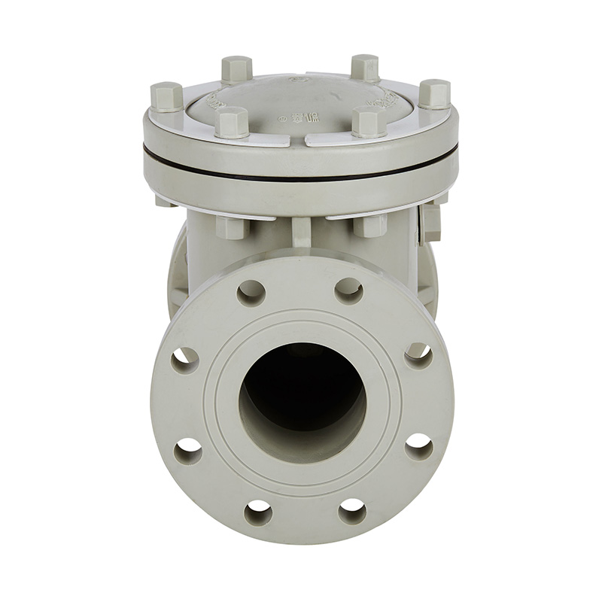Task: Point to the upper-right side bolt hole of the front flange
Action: tap(418, 355)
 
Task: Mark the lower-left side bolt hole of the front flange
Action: tap(187, 451)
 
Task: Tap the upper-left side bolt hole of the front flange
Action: tap(184, 360)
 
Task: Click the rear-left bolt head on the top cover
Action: tap(236, 69)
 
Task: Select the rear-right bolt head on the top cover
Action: tap(365, 68)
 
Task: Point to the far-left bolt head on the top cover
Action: tap(166, 97)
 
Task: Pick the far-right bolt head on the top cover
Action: tap(434, 94)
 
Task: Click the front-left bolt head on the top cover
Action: tap(232, 122)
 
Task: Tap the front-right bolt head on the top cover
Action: tap(369, 122)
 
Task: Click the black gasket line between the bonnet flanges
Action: tap(301, 175)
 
